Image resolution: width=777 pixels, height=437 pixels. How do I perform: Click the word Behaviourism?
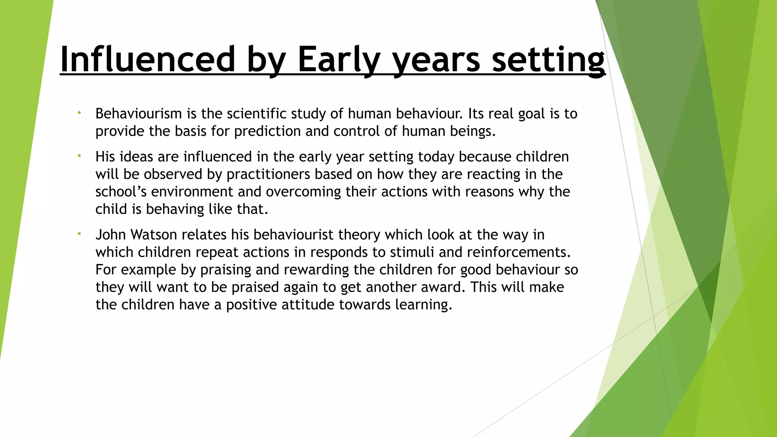138,113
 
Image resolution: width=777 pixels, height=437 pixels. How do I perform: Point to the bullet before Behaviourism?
79,113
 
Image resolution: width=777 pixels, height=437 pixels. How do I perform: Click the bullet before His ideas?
79,156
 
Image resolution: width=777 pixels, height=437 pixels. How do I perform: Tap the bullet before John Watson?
79,234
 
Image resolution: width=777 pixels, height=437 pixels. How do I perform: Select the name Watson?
154,234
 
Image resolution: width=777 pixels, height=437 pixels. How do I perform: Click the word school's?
121,192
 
